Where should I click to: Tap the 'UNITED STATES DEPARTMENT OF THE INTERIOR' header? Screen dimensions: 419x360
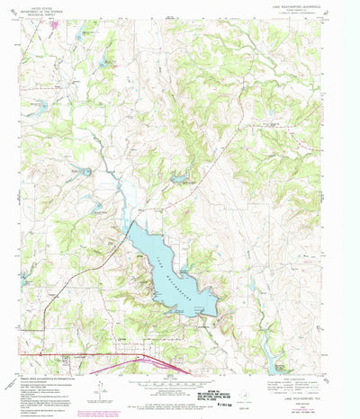tap(52, 12)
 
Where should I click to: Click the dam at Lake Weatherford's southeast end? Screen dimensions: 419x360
tap(214, 314)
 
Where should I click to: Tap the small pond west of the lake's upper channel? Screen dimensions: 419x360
tap(98, 208)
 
